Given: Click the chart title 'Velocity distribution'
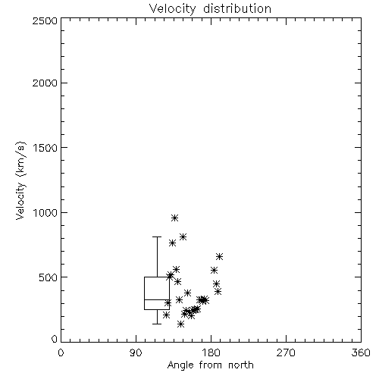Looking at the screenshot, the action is tap(210, 8).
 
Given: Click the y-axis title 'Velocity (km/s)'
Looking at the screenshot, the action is tap(20, 180).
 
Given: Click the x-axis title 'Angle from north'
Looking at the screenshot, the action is tap(210, 365).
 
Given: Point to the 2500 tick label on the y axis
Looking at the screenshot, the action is tap(45, 20).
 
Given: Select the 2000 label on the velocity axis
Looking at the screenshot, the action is tap(45, 83).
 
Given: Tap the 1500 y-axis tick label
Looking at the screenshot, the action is tap(45, 148).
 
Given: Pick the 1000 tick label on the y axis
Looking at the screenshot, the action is tap(45, 212).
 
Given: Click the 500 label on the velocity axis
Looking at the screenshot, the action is tap(49, 277).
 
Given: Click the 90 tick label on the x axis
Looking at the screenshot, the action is tap(136, 352).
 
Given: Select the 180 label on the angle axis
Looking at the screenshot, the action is tap(211, 352).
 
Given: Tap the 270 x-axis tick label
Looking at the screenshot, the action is tap(286, 352).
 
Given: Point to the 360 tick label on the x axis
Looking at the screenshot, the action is tap(361, 352).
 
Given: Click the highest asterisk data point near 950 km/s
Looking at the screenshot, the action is tap(174, 218).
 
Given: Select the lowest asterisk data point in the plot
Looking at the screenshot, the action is tap(180, 324).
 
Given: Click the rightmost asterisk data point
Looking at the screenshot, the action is tap(219, 256).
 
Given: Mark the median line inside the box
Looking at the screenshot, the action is tap(157, 299).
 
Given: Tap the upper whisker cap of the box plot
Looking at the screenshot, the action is tap(157, 236).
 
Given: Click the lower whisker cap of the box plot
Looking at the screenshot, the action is tap(157, 324).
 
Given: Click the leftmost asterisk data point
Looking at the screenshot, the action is tap(166, 315).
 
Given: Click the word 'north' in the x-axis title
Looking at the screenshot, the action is tap(241, 365).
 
